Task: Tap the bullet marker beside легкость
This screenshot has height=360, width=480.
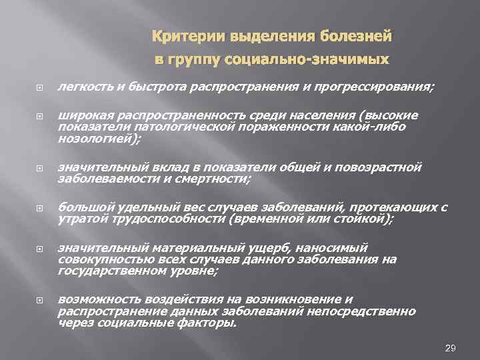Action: (x=65, y=87)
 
